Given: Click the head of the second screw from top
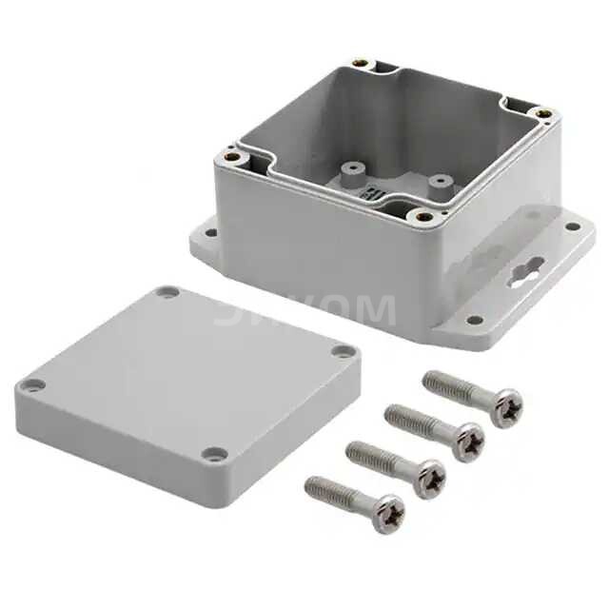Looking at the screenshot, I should (466, 442).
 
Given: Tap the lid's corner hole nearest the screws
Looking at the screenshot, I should (215, 454).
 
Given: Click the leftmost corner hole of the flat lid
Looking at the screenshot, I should (33, 385).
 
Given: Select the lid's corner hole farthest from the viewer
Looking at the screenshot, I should (167, 292).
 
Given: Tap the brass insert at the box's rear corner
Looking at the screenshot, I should (360, 64).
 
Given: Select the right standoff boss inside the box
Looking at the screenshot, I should (439, 179).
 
